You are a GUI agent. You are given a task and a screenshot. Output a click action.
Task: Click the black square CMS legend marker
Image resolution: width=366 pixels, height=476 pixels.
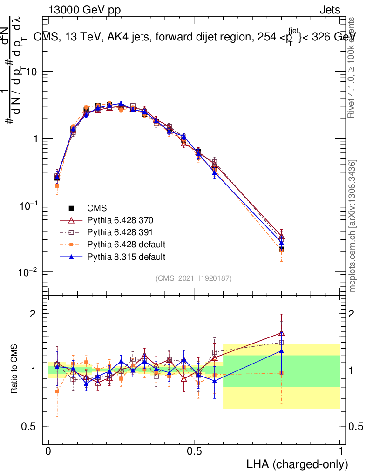pos(72,208)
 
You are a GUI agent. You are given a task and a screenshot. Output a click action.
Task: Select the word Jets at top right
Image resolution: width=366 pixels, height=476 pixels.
pos(330,10)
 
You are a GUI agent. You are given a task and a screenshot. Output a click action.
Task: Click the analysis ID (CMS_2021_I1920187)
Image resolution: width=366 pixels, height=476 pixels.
pos(194,278)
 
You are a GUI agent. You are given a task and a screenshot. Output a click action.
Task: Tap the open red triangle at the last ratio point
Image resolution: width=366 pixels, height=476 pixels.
pos(281,333)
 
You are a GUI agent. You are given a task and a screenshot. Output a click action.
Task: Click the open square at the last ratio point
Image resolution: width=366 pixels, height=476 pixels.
pos(281,343)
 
